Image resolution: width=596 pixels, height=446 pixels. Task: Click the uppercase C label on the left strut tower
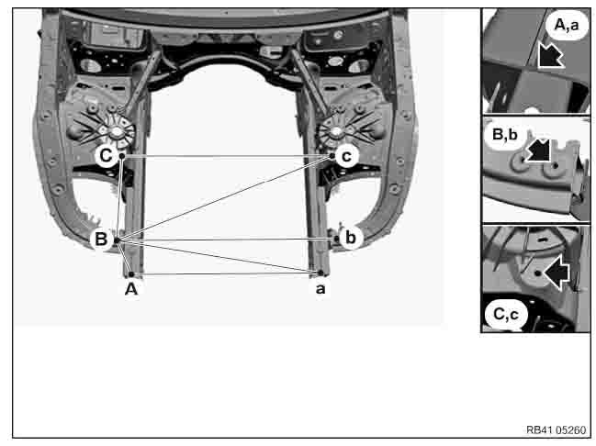[107, 156]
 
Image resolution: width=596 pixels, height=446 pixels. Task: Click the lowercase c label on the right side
[345, 156]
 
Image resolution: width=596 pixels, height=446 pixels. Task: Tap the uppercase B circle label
[101, 240]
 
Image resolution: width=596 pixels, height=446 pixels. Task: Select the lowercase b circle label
[349, 238]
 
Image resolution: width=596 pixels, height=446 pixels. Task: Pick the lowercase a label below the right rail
[320, 288]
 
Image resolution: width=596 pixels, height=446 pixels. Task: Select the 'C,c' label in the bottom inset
[505, 316]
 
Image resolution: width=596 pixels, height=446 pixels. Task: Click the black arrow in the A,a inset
[550, 56]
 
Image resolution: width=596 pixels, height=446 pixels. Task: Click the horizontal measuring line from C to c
[225, 156]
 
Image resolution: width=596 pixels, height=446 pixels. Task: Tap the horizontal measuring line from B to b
[225, 240]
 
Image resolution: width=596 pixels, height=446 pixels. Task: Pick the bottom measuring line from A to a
[225, 273]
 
